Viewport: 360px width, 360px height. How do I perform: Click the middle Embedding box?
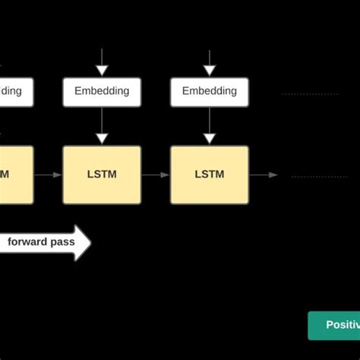pyautogui.click(x=102, y=91)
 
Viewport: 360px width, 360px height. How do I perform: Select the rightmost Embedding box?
pyautogui.click(x=210, y=91)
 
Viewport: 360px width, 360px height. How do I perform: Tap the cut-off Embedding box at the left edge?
pyautogui.click(x=16, y=91)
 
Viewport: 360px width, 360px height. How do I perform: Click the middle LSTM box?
pyautogui.click(x=102, y=175)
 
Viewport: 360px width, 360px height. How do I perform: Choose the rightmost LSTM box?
pyautogui.click(x=210, y=175)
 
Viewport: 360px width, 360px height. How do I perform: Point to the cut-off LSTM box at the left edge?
pyautogui.click(x=16, y=175)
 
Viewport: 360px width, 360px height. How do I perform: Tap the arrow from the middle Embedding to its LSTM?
pyautogui.click(x=102, y=125)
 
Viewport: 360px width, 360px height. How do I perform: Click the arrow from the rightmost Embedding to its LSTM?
pyautogui.click(x=210, y=125)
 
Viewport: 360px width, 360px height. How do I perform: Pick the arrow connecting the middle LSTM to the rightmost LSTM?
pyautogui.click(x=156, y=175)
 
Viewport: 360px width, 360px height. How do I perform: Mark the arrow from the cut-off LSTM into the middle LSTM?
pyautogui.click(x=48, y=175)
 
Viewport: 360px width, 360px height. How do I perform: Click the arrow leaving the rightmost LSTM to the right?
pyautogui.click(x=264, y=175)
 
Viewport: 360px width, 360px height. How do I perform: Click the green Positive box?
pyautogui.click(x=334, y=325)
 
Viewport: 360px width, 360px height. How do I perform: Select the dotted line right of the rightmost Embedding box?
pyautogui.click(x=310, y=94)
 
